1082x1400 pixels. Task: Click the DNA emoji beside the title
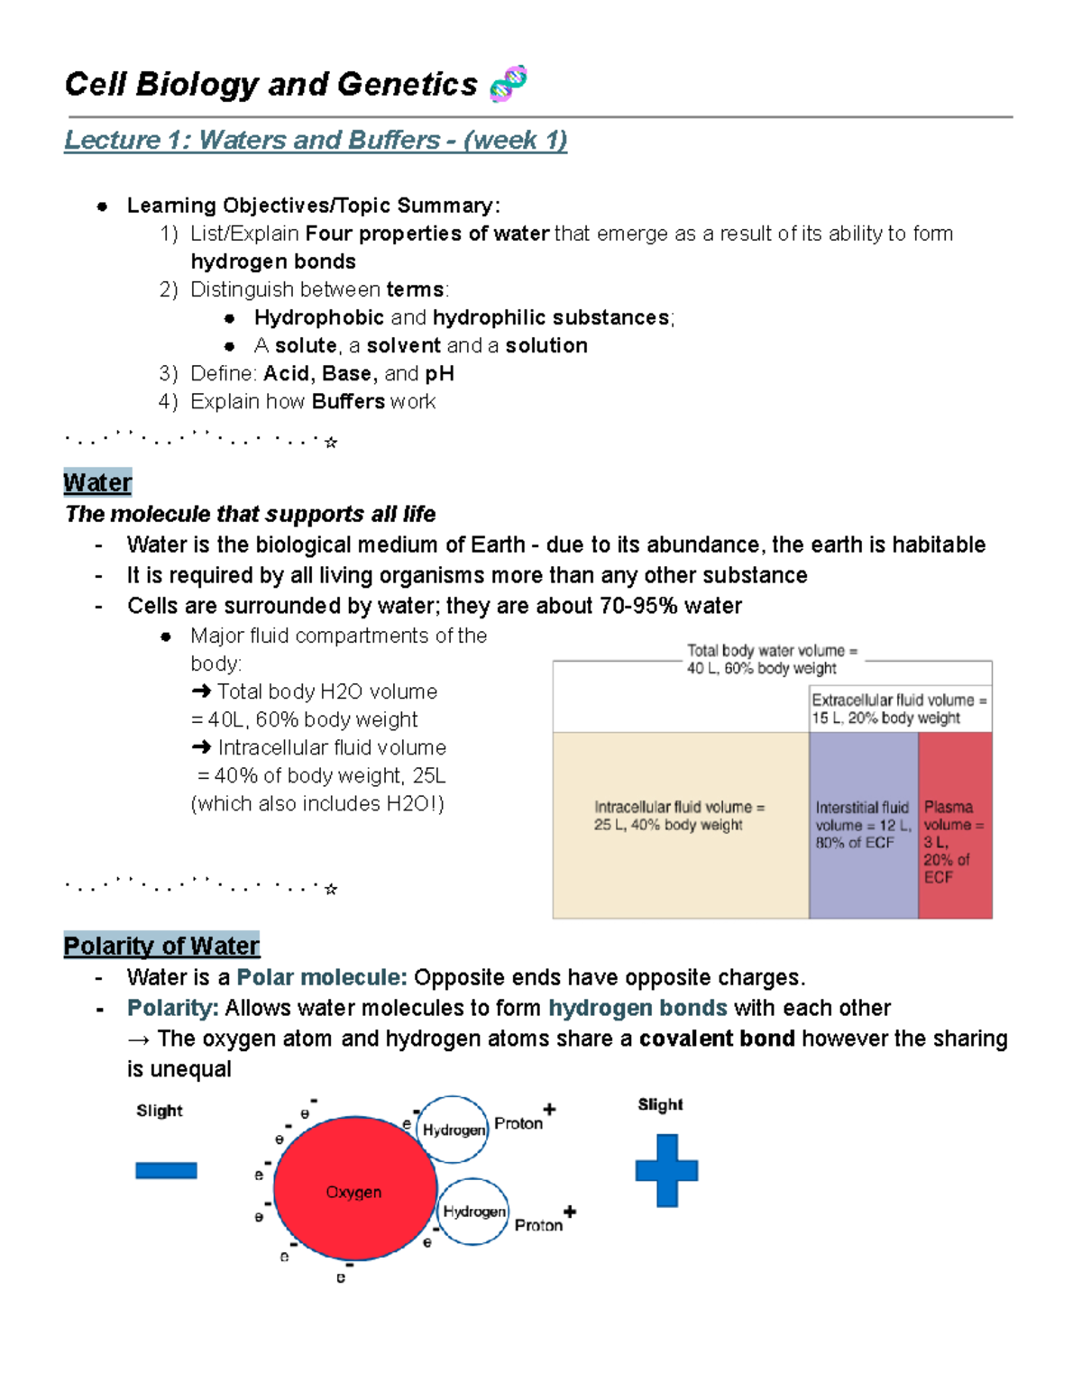coord(509,83)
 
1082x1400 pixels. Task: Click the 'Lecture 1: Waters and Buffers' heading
coord(316,140)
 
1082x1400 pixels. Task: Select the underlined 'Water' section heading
coord(97,483)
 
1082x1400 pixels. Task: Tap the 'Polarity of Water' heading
coord(161,946)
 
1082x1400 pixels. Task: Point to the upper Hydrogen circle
coord(454,1129)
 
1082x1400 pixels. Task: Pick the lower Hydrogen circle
coord(473,1212)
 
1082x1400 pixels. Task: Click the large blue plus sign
coord(666,1170)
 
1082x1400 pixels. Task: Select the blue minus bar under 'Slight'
coord(166,1170)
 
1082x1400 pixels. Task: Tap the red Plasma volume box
coord(955,825)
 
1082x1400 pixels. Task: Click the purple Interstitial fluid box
coord(863,825)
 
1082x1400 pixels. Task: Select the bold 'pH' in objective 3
coord(439,373)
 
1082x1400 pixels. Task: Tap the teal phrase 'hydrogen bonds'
coord(637,1008)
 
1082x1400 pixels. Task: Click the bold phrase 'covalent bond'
coord(717,1039)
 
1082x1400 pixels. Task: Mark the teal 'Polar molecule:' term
coord(322,977)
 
